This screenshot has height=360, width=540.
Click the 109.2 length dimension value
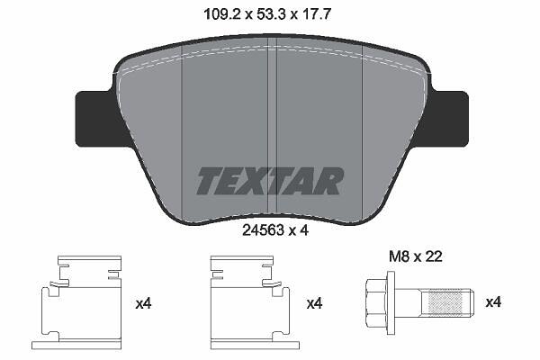220,14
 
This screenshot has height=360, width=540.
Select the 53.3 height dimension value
271,14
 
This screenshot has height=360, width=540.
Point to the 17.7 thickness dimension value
317,14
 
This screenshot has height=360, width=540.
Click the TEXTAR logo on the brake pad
270,181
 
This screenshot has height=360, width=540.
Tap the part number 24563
264,230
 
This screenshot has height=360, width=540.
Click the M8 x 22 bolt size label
416,256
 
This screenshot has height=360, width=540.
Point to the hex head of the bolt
376,302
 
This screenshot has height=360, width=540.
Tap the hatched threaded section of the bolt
445,302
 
